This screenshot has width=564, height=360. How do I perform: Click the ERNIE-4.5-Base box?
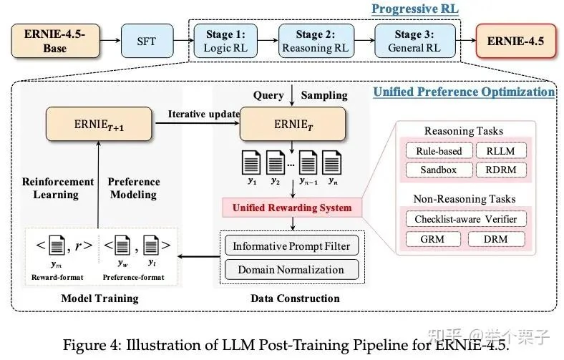coord(54,41)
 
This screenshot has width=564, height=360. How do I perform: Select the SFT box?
coord(146,41)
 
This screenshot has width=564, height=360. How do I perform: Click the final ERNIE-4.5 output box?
coord(515,41)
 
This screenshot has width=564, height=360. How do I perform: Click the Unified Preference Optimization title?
coord(464,92)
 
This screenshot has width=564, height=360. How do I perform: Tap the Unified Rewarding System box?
coord(291,208)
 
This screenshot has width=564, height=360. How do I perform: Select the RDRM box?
coord(506,170)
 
